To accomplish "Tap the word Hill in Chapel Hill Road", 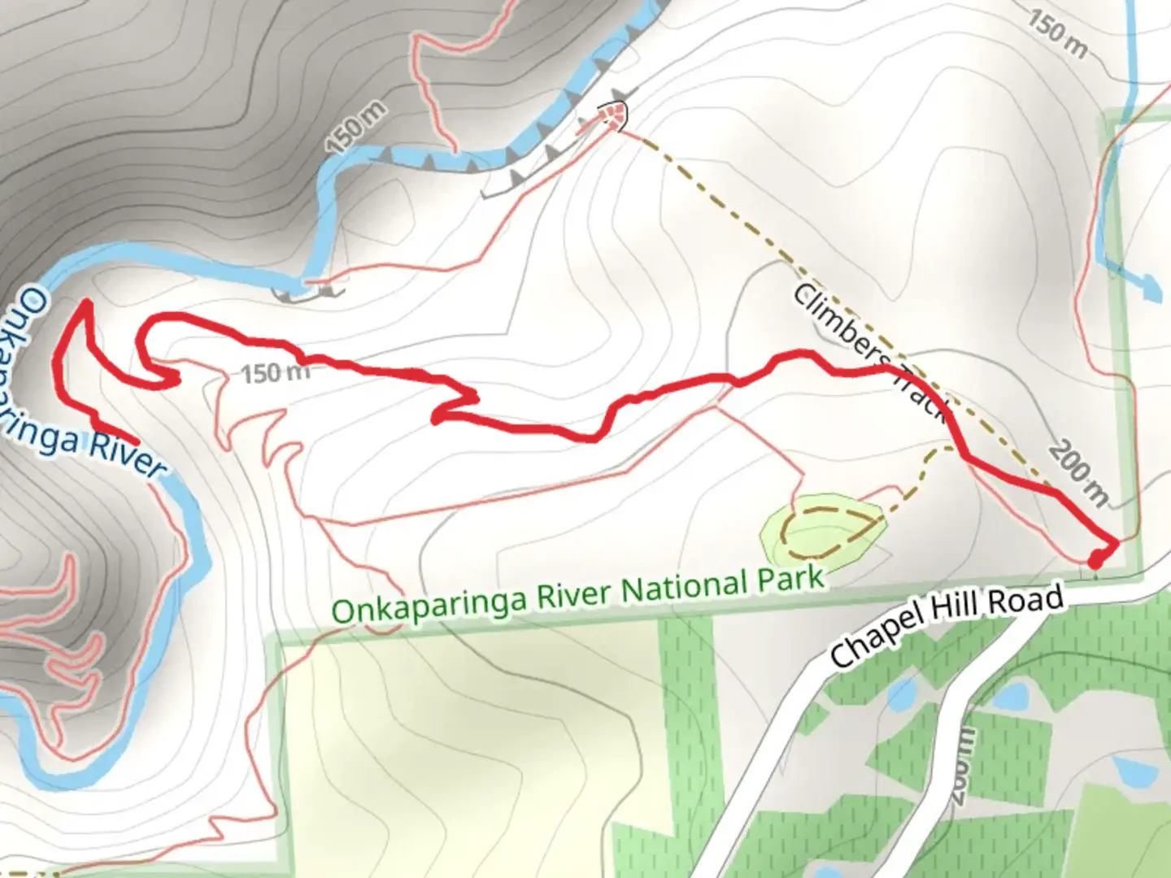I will [959, 614].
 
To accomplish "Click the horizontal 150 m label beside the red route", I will [276, 373].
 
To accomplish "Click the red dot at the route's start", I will [1095, 559].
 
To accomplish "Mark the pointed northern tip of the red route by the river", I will [85, 304].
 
